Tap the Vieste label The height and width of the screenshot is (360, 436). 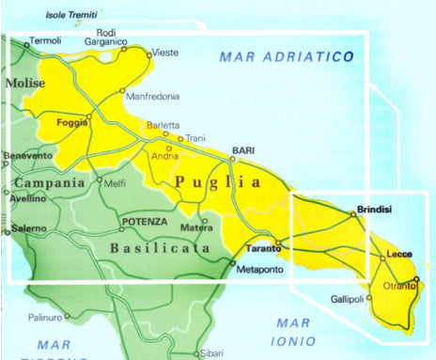[164, 53]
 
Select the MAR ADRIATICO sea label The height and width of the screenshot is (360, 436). [286, 57]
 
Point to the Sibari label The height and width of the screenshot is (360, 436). [211, 352]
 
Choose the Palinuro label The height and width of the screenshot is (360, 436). [44, 317]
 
